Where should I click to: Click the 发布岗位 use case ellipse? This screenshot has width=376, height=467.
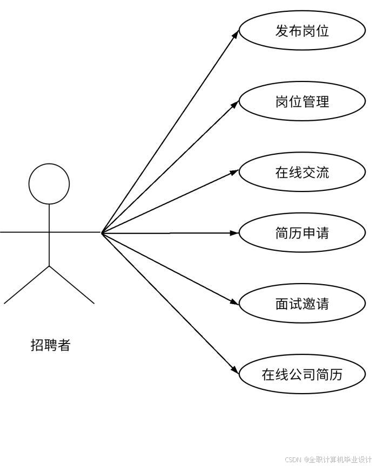302,31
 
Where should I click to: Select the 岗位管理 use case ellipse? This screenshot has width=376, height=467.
302,101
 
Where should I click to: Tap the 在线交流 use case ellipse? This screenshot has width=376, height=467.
302,173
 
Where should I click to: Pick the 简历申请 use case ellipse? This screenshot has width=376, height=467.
302,233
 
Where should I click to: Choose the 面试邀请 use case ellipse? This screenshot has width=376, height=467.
302,304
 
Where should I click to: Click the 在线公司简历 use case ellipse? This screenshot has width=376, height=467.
302,374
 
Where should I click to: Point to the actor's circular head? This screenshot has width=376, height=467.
49,183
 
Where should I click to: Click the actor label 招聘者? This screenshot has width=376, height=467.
50,345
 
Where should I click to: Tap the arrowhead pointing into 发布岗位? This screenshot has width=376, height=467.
236,33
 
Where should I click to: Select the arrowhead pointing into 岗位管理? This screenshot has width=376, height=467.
235,104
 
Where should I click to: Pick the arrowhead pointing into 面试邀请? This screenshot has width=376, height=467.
235,303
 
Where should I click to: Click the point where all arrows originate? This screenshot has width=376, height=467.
102,232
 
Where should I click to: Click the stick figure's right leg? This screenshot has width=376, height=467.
72,285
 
